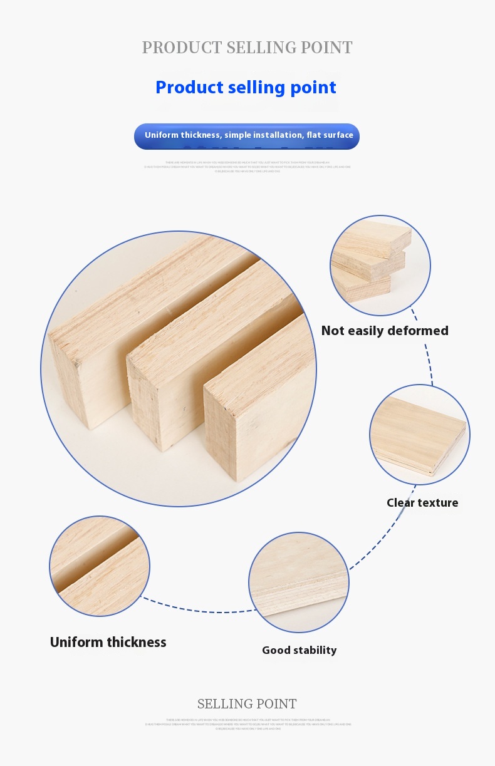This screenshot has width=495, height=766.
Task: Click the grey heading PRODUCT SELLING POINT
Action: (247, 48)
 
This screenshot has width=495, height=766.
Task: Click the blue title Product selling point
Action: (246, 87)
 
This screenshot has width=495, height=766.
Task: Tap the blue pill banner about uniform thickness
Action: (247, 136)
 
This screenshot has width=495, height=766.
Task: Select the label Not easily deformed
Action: (385, 331)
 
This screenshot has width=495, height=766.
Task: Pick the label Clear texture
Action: (422, 502)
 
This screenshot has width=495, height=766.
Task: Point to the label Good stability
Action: (299, 650)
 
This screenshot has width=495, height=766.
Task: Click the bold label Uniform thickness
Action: (108, 642)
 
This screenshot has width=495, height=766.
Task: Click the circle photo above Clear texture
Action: (419, 434)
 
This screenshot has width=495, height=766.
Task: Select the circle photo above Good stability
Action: (298, 582)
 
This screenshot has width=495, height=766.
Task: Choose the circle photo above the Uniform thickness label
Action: (100, 566)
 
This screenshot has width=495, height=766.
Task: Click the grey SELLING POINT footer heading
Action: (247, 704)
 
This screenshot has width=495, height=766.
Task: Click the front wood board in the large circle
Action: (260, 401)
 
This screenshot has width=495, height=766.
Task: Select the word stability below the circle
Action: (316, 650)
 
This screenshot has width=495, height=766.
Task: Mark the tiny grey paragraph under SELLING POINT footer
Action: (248, 725)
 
